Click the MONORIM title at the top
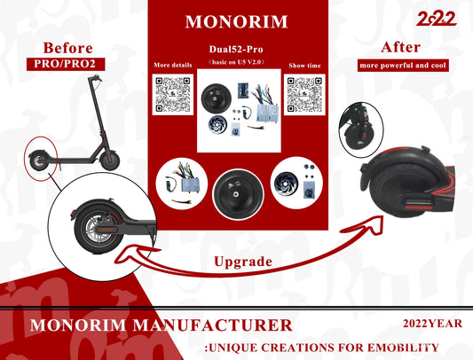236,21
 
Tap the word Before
67,48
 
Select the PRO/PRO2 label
65,64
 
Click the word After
400,47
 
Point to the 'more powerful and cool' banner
403,66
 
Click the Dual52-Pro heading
236,49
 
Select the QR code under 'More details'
173,94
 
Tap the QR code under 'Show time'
304,94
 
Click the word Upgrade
243,262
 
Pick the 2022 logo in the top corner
437,19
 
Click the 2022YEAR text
432,324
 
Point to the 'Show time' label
304,66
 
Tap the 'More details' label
173,65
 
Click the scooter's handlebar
95,79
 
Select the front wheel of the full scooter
110,160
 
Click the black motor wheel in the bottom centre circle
238,193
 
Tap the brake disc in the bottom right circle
286,184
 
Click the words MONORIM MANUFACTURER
162,325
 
